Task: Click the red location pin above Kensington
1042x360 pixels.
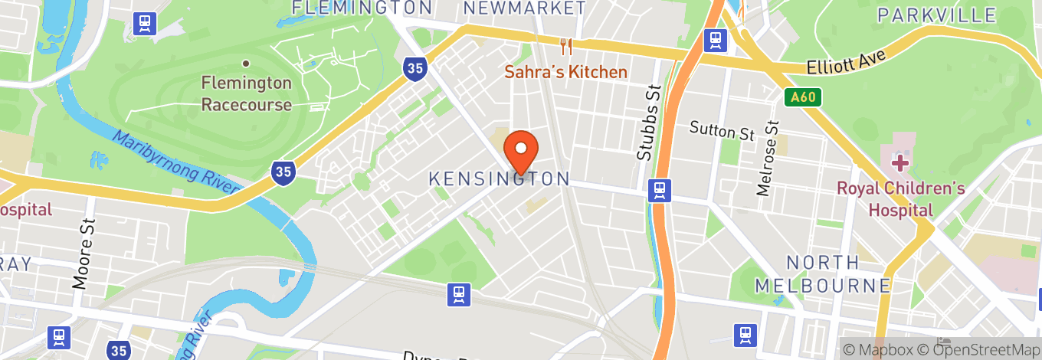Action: (x=522, y=152)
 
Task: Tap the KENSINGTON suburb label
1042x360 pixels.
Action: (x=499, y=178)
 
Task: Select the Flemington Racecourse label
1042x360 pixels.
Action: (x=246, y=93)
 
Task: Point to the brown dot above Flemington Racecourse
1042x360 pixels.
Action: (x=246, y=64)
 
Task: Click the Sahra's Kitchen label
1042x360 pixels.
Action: (x=566, y=72)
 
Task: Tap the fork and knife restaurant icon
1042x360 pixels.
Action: (x=566, y=47)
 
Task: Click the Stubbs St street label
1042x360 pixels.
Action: (x=648, y=123)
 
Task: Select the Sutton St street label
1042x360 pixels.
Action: (x=722, y=130)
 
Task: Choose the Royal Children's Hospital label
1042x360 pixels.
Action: (x=900, y=199)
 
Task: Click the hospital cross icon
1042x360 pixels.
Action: (x=899, y=162)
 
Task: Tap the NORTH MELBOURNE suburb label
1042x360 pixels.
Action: (x=823, y=274)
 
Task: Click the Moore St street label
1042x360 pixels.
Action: (x=84, y=252)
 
